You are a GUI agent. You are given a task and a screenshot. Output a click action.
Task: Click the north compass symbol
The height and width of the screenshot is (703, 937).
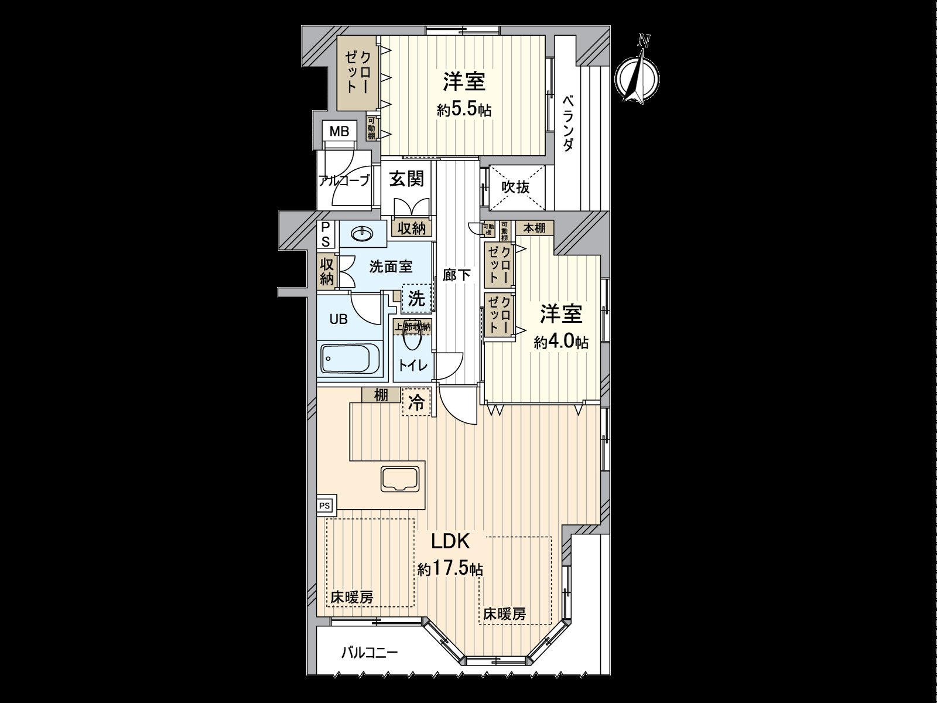coord(638,76)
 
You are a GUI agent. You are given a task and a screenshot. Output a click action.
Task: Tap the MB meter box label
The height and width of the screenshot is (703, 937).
coord(338,131)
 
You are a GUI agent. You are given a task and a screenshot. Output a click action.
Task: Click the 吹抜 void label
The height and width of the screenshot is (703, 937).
coord(516,187)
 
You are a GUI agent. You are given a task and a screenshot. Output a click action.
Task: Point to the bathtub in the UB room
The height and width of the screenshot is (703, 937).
coord(350,359)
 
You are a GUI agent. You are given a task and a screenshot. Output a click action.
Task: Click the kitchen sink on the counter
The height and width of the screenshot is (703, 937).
coord(401,479)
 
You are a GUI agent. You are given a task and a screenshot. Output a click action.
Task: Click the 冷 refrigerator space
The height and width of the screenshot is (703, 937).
coord(416,402)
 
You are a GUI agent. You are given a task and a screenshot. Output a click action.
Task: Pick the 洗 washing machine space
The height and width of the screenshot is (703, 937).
coord(416,299)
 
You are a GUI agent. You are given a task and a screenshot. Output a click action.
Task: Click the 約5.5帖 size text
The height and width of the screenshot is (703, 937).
coord(464,110)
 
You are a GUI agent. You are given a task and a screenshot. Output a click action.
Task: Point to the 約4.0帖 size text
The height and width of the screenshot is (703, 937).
coord(561,342)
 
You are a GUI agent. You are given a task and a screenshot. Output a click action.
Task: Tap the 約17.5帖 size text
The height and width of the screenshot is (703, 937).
coord(450,568)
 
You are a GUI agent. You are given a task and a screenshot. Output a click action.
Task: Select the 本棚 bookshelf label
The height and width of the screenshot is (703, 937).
coord(534,228)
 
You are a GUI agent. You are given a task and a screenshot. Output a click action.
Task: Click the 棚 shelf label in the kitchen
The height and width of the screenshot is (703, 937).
coord(381,395)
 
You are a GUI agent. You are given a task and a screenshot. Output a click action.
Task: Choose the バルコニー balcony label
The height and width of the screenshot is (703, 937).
coord(369,651)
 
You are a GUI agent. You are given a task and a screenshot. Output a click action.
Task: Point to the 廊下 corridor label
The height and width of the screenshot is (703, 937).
coord(456,274)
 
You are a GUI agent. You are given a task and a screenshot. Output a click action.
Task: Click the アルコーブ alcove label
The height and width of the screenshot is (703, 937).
coord(344,180)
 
